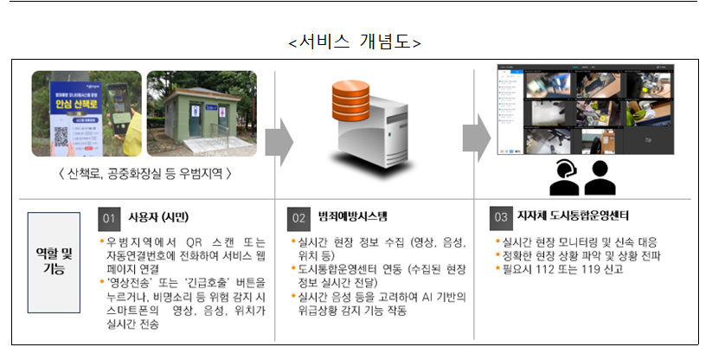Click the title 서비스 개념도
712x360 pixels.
[356, 42]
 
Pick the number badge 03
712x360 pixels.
[501, 216]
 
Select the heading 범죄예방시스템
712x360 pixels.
[349, 216]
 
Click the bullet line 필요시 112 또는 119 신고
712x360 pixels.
[563, 268]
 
